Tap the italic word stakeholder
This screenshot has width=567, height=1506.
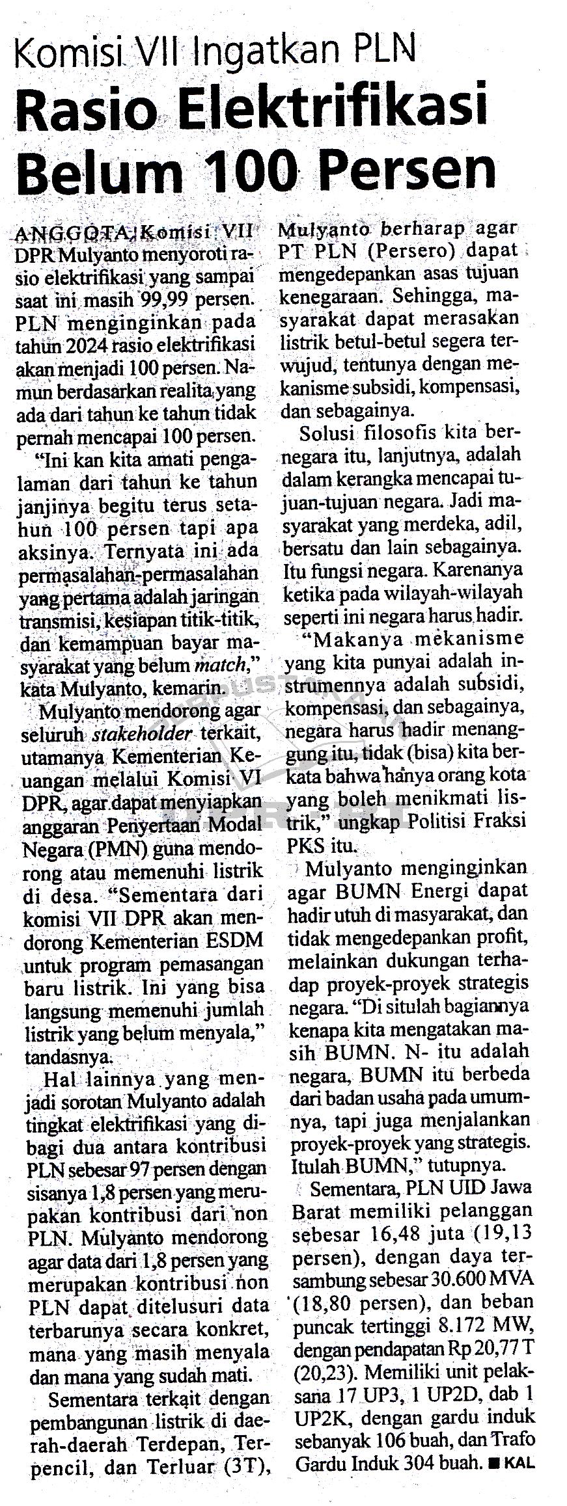(143, 734)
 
